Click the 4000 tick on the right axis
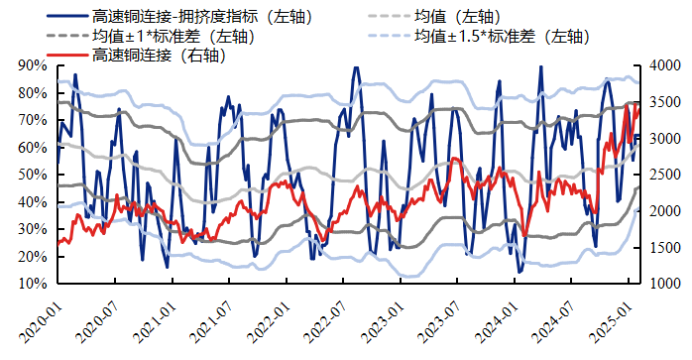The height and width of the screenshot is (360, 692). (x=661, y=65)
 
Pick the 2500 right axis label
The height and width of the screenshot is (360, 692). (x=661, y=175)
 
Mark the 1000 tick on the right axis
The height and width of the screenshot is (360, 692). (x=661, y=284)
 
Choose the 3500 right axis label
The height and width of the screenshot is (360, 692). (x=661, y=102)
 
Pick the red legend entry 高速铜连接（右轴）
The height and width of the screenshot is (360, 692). (x=159, y=56)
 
